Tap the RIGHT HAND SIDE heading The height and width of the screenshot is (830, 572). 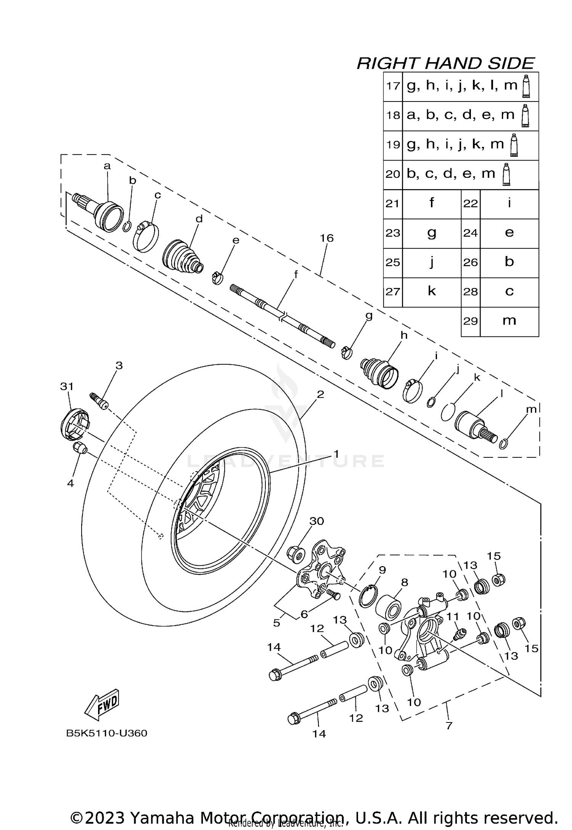coord(445,63)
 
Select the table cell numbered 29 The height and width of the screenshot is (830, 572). coord(470,321)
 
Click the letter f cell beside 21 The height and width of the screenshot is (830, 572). coord(431,203)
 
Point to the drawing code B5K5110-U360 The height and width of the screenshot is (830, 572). coord(106,733)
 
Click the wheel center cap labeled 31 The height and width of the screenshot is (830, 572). coord(75,423)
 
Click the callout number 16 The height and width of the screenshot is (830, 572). coord(326,238)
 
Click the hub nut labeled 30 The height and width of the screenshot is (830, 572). coord(296,552)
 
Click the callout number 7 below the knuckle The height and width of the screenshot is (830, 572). coord(449,725)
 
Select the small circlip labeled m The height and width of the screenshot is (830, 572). coord(503,444)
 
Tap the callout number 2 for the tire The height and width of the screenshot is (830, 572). coord(320,394)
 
